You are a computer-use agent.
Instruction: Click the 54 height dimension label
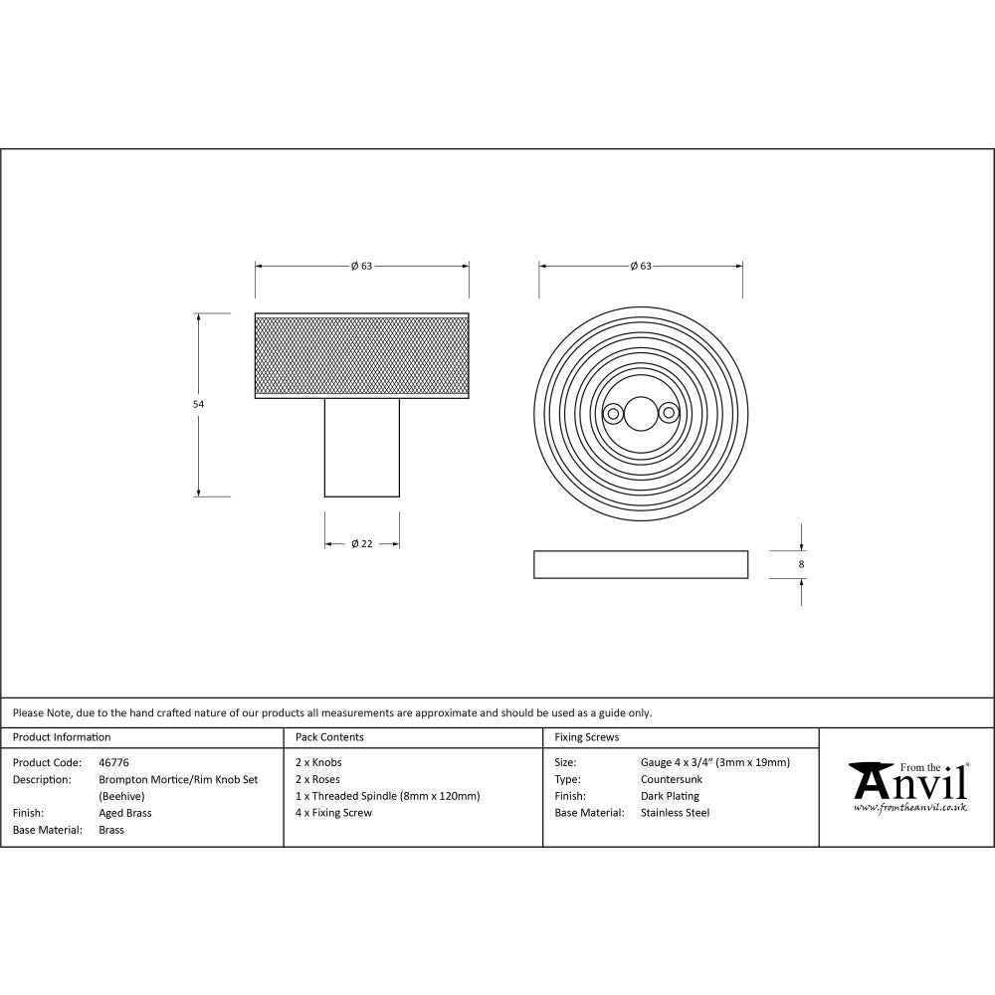pyautogui.click(x=197, y=405)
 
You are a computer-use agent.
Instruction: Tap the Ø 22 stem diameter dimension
pyautogui.click(x=361, y=543)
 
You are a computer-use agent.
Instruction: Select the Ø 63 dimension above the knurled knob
pyautogui.click(x=361, y=266)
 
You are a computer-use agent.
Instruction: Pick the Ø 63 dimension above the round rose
pyautogui.click(x=640, y=266)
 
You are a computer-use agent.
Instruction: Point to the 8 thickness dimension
pyautogui.click(x=801, y=564)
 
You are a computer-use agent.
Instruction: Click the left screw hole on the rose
pyautogui.click(x=613, y=411)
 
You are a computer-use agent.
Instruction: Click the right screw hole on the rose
pyautogui.click(x=666, y=411)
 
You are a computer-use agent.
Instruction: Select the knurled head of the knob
pyautogui.click(x=361, y=355)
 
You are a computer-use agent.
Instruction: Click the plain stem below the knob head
pyautogui.click(x=361, y=447)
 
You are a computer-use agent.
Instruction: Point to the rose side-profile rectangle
pyautogui.click(x=640, y=564)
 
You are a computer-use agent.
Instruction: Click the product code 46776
pyautogui.click(x=113, y=762)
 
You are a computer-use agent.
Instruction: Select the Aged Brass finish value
pyautogui.click(x=125, y=813)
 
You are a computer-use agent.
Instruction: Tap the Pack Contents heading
pyautogui.click(x=329, y=737)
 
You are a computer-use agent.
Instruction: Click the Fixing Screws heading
pyautogui.click(x=586, y=737)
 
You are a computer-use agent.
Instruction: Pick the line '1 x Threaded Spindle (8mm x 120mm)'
pyautogui.click(x=387, y=796)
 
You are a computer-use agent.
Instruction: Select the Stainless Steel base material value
pyautogui.click(x=675, y=813)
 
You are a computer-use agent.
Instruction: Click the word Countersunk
pyautogui.click(x=672, y=779)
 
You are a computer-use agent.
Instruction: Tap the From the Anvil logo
pyautogui.click(x=907, y=786)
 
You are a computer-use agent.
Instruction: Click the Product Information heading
pyautogui.click(x=62, y=737)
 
